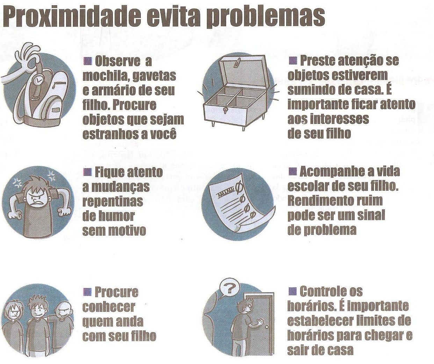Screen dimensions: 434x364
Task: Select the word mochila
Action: click(x=106, y=76)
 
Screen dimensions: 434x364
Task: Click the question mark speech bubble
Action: click(x=229, y=289)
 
